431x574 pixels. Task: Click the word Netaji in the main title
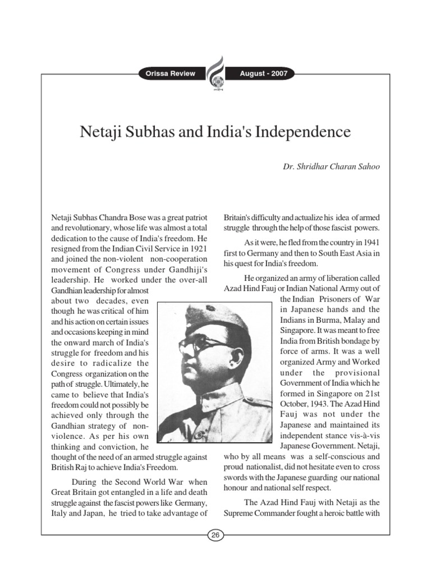102,133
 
